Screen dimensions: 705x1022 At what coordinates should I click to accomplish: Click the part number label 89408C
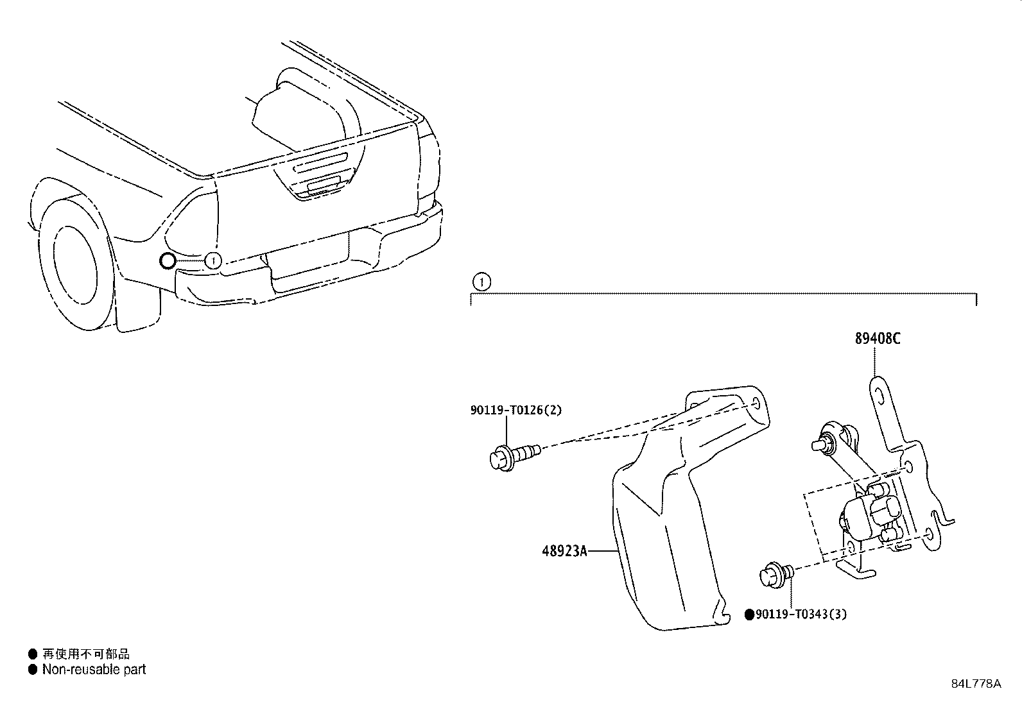coord(877,338)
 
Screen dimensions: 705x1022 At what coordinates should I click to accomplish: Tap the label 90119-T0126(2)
coord(515,410)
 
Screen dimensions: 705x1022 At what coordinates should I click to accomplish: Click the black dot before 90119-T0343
coord(749,615)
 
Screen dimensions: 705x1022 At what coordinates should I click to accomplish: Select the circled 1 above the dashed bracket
coord(481,281)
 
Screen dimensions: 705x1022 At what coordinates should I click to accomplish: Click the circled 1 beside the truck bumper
coord(213,260)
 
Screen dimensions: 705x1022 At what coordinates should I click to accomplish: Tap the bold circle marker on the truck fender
coord(167,260)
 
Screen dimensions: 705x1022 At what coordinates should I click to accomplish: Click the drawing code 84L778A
coord(976,683)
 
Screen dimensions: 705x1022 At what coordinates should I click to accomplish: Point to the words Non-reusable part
coord(94,670)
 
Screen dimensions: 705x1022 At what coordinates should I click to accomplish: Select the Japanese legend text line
coord(85,654)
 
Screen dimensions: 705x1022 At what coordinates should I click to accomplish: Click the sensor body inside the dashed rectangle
coord(863,517)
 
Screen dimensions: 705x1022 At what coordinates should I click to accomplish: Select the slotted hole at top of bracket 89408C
coord(879,398)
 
